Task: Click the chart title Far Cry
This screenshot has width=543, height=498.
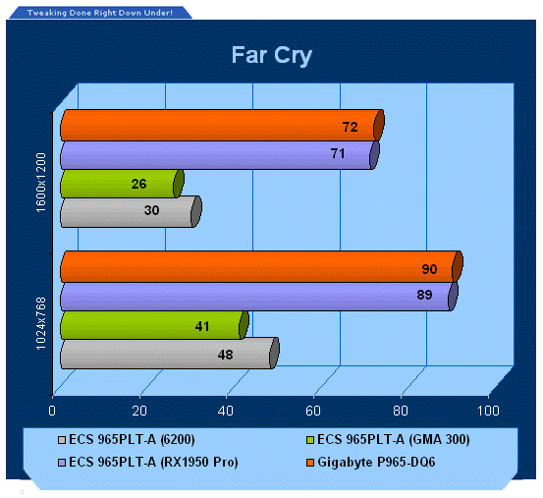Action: (x=272, y=55)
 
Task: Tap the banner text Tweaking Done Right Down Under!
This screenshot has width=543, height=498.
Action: (x=100, y=13)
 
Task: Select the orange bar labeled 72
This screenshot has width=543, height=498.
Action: (x=222, y=126)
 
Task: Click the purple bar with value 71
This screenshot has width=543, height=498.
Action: (x=220, y=155)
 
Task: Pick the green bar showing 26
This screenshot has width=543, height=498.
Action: (x=122, y=184)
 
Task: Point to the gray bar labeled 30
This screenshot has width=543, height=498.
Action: (x=131, y=212)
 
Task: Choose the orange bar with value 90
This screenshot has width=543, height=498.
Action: (x=262, y=266)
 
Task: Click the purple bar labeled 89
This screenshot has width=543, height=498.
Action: (x=259, y=297)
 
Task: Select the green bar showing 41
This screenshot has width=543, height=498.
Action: (x=154, y=325)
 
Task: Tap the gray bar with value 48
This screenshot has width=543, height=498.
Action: (x=170, y=354)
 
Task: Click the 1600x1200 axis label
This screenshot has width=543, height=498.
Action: (x=41, y=183)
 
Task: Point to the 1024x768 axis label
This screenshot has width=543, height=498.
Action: (x=41, y=323)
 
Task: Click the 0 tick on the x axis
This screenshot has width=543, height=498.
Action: (x=52, y=411)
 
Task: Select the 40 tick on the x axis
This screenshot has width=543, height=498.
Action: (x=226, y=411)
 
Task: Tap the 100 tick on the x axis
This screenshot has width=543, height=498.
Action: (x=488, y=411)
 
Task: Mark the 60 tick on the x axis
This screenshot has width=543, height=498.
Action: (x=313, y=411)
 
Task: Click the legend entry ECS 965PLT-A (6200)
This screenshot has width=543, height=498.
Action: (x=127, y=440)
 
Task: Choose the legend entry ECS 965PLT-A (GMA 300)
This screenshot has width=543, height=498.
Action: (x=388, y=440)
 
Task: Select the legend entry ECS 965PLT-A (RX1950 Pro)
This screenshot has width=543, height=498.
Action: (x=148, y=463)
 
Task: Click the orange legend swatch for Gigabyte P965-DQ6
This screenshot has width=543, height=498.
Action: (x=310, y=463)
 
